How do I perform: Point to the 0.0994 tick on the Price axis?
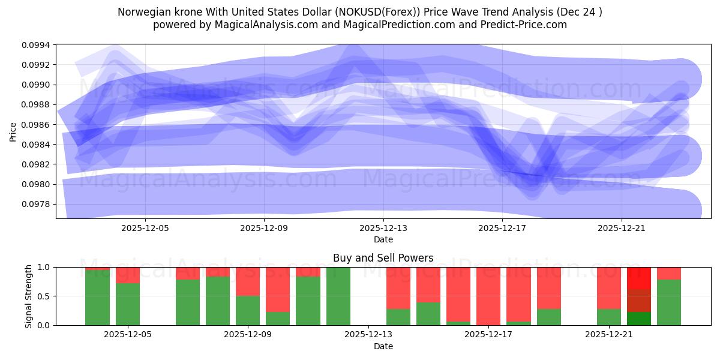pyautogui.click(x=37, y=44)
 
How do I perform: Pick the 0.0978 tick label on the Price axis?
pyautogui.click(x=37, y=204)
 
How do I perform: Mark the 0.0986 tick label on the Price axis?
pyautogui.click(x=37, y=124)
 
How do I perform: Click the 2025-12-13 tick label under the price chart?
pyautogui.click(x=383, y=228)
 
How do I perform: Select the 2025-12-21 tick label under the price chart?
pyautogui.click(x=622, y=228)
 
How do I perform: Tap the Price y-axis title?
pyautogui.click(x=13, y=131)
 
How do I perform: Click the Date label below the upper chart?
pyautogui.click(x=383, y=239)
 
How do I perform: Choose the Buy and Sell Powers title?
pyautogui.click(x=383, y=258)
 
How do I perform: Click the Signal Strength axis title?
pyautogui.click(x=29, y=296)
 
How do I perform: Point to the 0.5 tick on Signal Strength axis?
pyautogui.click(x=44, y=296)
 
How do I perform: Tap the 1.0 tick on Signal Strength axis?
pyautogui.click(x=44, y=267)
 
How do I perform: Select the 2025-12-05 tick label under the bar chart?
pyautogui.click(x=128, y=335)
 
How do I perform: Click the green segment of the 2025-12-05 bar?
pyautogui.click(x=128, y=304)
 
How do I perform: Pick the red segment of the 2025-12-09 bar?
pyautogui.click(x=248, y=281)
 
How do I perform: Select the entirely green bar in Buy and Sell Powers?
pyautogui.click(x=338, y=296)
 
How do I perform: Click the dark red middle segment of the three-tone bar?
pyautogui.click(x=639, y=301)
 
